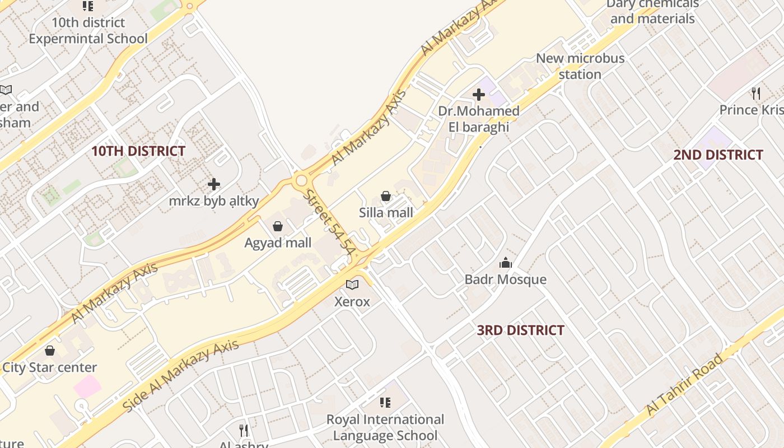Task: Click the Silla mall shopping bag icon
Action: coord(386,196)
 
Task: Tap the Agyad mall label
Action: coord(278,243)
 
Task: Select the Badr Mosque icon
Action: coord(506,263)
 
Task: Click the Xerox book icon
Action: coord(352,285)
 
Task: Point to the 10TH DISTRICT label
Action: coord(138,151)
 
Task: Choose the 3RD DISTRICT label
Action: coord(520,330)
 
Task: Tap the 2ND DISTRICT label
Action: coord(718,155)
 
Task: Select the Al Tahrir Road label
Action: coord(692,385)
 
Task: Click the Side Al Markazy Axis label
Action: coord(180,375)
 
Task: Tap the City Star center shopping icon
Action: coord(50,351)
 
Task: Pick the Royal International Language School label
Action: coord(385,427)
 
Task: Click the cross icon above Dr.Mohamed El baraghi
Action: coord(479,95)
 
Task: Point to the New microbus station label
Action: coord(580,66)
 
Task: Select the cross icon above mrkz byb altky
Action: coord(213,184)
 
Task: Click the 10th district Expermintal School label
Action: coord(88,31)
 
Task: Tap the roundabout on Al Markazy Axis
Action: coord(302,180)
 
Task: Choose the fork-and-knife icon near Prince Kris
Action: coord(755,92)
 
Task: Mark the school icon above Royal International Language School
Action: coord(385,402)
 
